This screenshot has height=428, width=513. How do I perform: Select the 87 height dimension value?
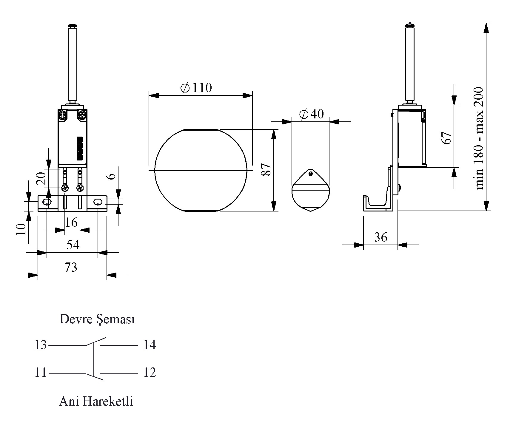click(x=266, y=169)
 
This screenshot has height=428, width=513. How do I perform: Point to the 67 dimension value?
click(x=447, y=137)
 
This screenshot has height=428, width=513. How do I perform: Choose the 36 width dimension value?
click(x=380, y=237)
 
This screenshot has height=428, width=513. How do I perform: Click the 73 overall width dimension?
click(x=71, y=267)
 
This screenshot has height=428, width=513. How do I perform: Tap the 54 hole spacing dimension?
click(x=73, y=245)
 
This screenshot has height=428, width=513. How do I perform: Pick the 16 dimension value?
click(x=71, y=222)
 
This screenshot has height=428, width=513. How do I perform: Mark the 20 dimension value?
click(x=41, y=178)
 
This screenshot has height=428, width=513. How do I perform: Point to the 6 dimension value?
click(x=111, y=176)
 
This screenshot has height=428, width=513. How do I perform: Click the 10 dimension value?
click(x=21, y=229)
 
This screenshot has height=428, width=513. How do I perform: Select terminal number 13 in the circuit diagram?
click(x=41, y=345)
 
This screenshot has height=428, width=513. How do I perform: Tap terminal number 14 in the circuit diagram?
click(x=150, y=345)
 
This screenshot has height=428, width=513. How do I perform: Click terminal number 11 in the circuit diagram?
click(x=41, y=373)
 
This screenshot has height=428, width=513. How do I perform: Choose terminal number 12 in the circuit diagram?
click(x=150, y=373)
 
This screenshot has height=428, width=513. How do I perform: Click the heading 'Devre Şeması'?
click(x=97, y=319)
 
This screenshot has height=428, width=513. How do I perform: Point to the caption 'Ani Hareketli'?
click(x=96, y=401)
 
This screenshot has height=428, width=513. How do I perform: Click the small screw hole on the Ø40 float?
click(x=311, y=174)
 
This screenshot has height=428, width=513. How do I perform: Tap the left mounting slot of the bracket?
click(x=47, y=202)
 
